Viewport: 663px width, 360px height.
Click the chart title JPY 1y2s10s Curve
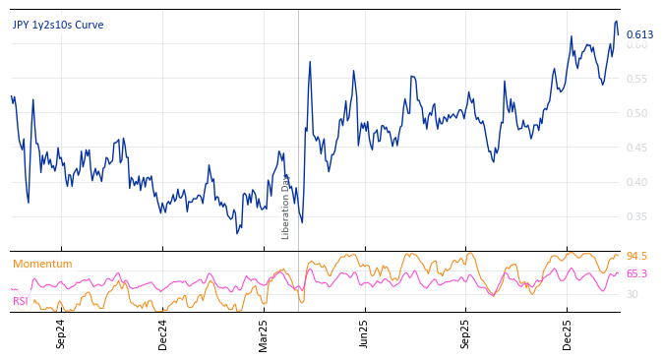[58, 26]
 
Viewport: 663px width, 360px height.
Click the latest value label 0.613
[639, 35]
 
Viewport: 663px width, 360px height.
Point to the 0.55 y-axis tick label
[637, 79]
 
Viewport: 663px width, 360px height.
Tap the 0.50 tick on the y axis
[637, 113]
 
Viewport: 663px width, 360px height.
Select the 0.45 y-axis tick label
[637, 148]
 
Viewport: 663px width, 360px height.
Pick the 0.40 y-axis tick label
[637, 182]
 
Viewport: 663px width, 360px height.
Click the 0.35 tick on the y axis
[637, 216]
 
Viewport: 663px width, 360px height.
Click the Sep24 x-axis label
[61, 333]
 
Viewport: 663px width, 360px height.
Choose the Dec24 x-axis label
[163, 333]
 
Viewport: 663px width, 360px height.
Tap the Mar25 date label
[264, 333]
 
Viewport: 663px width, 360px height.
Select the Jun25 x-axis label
[365, 333]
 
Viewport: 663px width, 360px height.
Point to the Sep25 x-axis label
[466, 333]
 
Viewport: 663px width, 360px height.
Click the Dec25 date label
[568, 333]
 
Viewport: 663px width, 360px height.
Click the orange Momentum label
[42, 265]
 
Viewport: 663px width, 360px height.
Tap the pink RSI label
[21, 301]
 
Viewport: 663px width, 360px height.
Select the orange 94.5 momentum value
[636, 257]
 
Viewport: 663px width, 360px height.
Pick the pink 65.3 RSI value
[636, 274]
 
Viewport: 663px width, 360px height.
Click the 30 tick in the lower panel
[632, 294]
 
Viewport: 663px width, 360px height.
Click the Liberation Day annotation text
[286, 207]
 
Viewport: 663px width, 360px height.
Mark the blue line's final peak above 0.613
[617, 22]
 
